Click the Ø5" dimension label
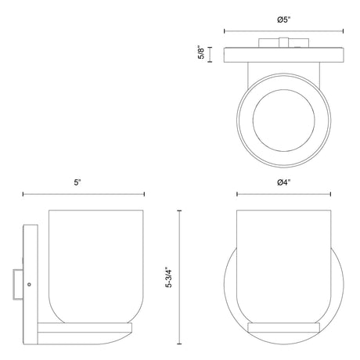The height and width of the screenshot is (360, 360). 283,20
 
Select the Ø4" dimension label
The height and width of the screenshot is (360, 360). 283,182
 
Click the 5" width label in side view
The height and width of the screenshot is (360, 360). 77,182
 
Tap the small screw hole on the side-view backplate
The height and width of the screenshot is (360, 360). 29,284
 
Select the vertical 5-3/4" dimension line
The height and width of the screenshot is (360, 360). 179,277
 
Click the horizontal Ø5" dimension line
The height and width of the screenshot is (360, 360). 284,31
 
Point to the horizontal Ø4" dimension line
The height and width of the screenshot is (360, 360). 284,194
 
